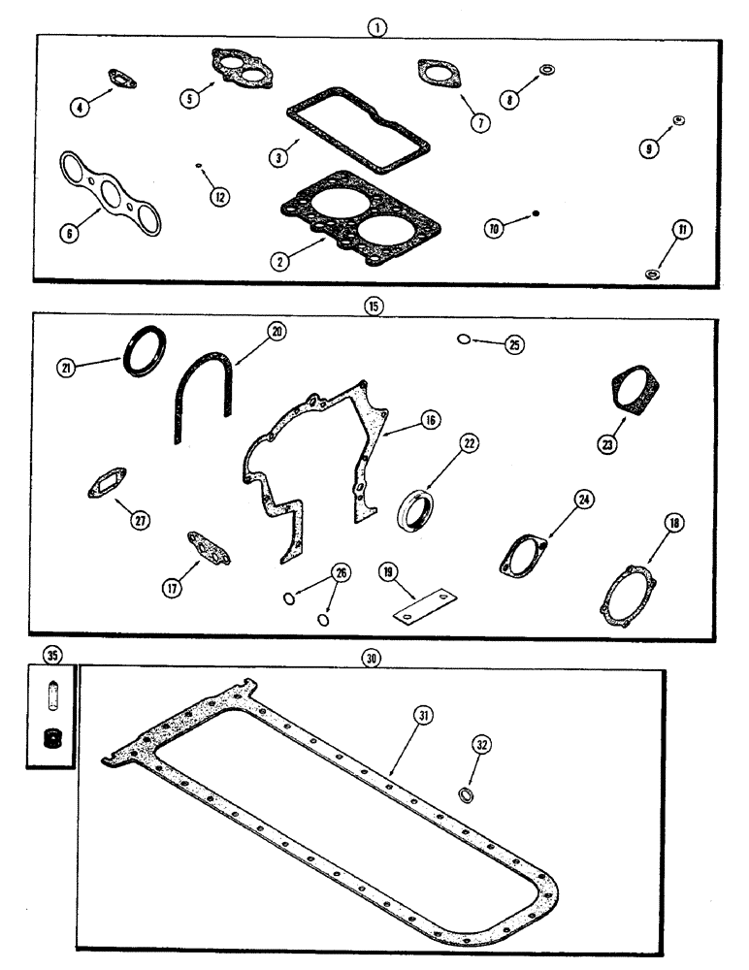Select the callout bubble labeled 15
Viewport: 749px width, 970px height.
pos(374,304)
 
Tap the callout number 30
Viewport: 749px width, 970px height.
pos(372,657)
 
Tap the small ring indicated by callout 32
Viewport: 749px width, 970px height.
pos(468,795)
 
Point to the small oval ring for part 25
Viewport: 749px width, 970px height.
pos(465,339)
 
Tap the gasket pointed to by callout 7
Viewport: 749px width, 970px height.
pos(438,72)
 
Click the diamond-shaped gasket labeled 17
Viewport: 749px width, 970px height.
pos(209,548)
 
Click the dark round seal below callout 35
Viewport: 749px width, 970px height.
pos(53,741)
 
